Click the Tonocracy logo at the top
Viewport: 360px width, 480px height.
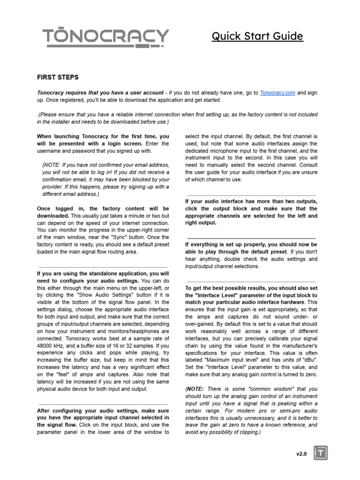(105, 37)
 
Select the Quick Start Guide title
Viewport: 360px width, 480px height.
(257, 36)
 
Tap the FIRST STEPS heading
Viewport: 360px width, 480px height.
(58, 77)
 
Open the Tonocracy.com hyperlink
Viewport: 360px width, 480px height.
(277, 93)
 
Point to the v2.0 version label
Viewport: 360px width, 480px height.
(301, 454)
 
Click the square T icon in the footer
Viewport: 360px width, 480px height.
(322, 453)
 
